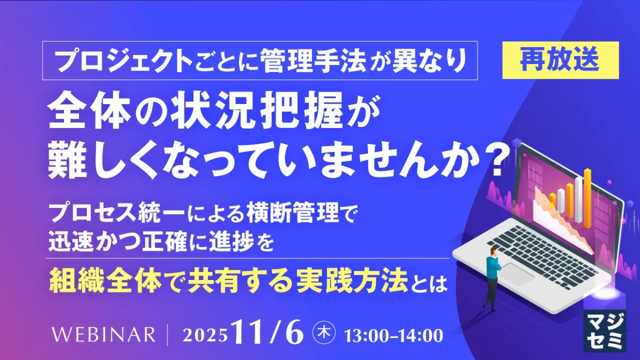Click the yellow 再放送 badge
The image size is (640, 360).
coord(561,60)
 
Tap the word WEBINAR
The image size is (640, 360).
coord(103,334)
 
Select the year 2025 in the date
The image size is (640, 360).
coord(205,335)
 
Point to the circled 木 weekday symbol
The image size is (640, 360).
coord(324,333)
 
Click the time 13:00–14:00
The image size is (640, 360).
coord(394,335)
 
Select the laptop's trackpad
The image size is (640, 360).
coord(518,274)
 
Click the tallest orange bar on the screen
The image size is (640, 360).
coord(587,198)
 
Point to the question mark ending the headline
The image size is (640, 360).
coord(494,162)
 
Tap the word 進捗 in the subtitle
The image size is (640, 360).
coord(231,243)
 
